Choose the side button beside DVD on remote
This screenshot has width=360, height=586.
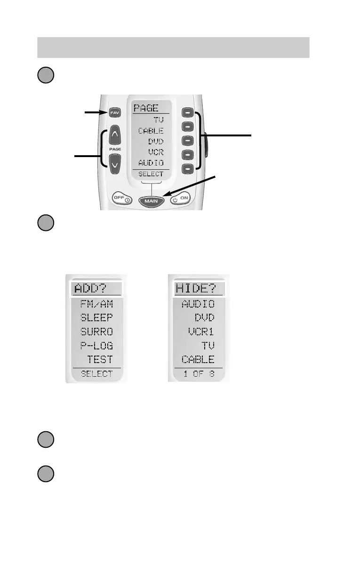tap(188, 141)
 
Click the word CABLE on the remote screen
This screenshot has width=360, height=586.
tap(151, 131)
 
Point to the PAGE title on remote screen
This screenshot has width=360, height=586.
tap(145, 108)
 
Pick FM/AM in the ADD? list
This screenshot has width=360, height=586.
tap(96, 304)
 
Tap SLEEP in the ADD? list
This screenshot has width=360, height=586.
tap(96, 318)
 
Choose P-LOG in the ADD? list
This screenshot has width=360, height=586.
tap(96, 346)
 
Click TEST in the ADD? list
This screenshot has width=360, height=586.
tap(99, 359)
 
